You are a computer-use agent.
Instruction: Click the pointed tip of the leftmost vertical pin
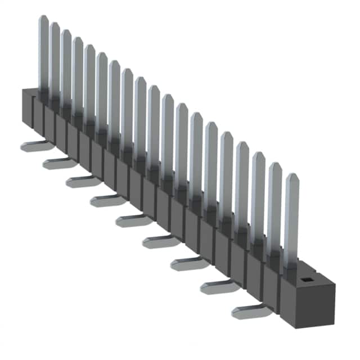click(x=43, y=18)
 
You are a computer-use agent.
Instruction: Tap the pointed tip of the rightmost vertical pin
click(x=291, y=175)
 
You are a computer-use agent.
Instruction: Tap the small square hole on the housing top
click(x=307, y=278)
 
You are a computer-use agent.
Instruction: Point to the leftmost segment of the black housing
click(x=27, y=110)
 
